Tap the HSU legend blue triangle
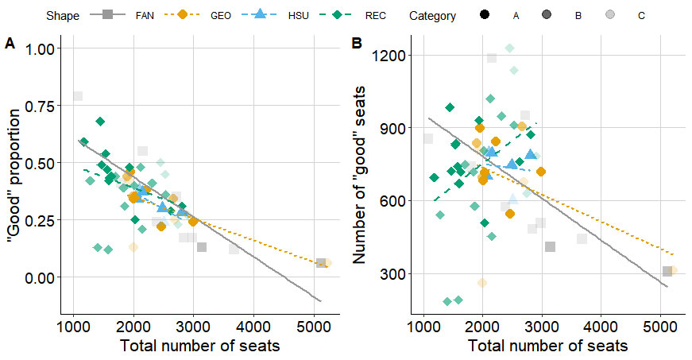(259, 15)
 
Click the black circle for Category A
(485, 15)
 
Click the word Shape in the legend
(61, 16)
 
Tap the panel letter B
(358, 45)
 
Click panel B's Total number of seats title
(547, 346)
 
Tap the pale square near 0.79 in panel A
(77, 96)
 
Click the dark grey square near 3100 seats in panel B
(550, 247)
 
